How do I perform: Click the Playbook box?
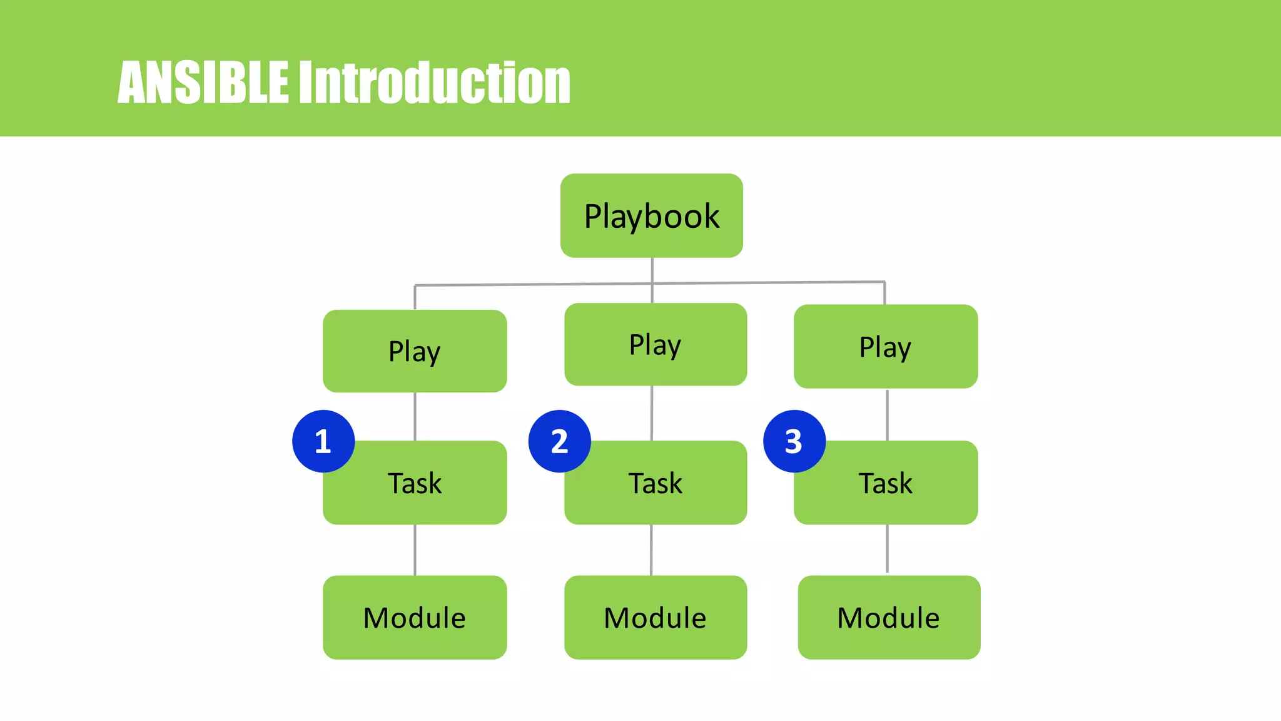click(651, 216)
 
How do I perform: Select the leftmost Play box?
click(415, 351)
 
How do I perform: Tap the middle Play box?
click(655, 344)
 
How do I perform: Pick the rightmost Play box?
click(885, 347)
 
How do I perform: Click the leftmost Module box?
click(415, 617)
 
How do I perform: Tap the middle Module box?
click(655, 617)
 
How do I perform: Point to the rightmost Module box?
click(888, 617)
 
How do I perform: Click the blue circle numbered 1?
click(323, 441)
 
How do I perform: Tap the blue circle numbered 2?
click(559, 441)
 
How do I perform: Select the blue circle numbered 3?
click(794, 441)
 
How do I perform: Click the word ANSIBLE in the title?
click(203, 82)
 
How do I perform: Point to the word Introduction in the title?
click(434, 82)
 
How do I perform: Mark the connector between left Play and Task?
click(415, 417)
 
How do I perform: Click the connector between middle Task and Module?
click(651, 550)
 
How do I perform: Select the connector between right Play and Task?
click(887, 414)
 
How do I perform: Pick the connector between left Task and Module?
click(415, 550)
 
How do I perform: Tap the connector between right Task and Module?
click(887, 548)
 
